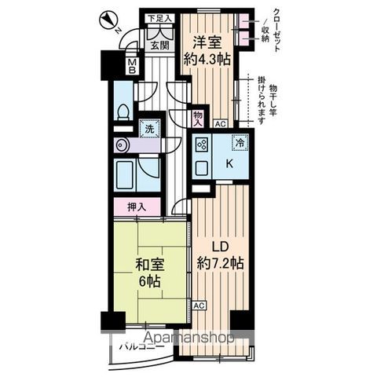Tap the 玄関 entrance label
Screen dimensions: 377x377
pyautogui.click(x=159, y=46)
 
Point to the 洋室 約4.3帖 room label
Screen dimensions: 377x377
pyautogui.click(x=208, y=49)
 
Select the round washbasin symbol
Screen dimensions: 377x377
pyautogui.click(x=122, y=145)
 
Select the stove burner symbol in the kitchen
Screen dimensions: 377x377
pyautogui.click(x=202, y=145)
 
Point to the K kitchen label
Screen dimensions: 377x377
pyautogui.click(x=229, y=165)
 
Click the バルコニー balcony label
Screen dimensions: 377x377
pyautogui.click(x=142, y=346)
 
